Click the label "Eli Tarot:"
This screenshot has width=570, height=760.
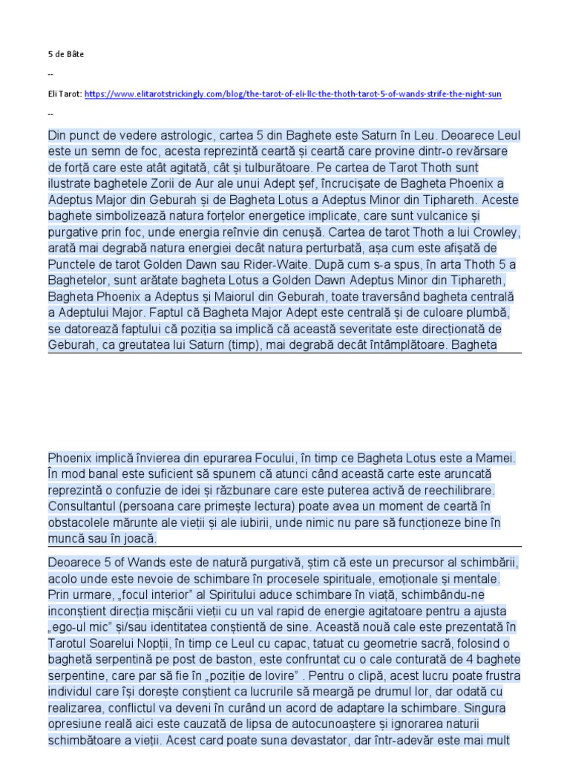point(64,94)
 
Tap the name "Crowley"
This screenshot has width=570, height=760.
point(496,231)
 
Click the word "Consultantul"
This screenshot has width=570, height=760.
point(86,506)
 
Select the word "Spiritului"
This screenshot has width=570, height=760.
point(212,594)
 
